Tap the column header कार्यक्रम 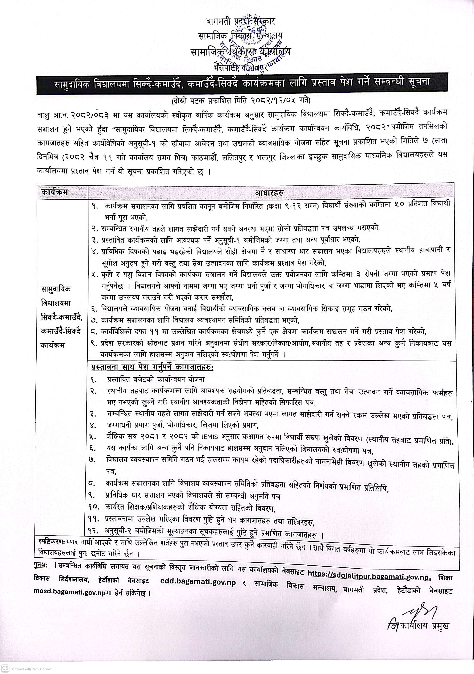click(55, 192)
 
